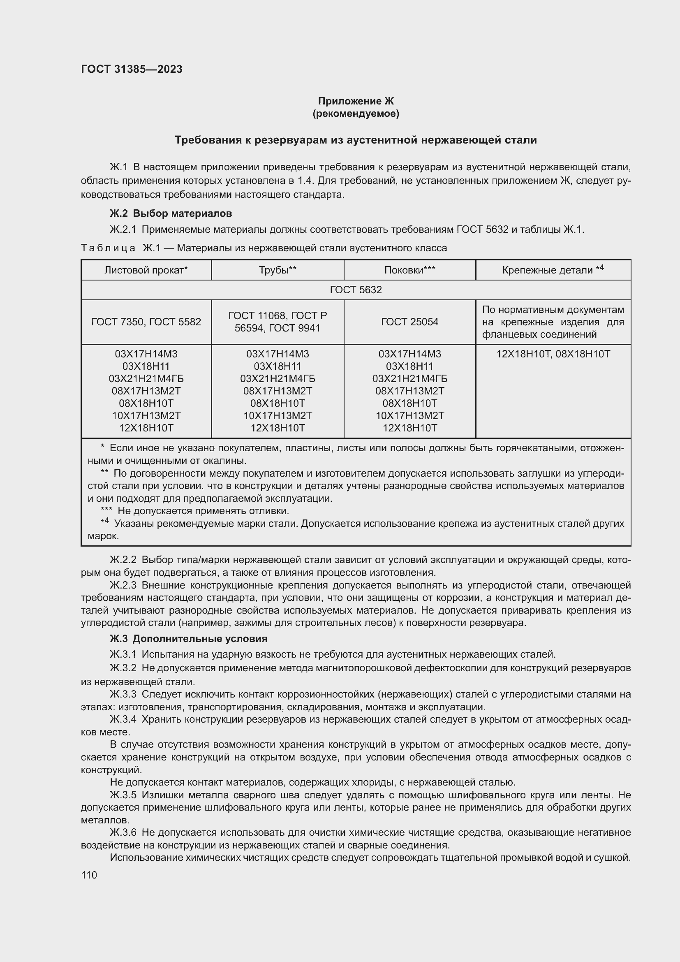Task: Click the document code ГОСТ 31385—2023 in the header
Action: (132, 70)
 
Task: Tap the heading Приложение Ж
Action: (356, 101)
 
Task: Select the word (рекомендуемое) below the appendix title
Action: (356, 114)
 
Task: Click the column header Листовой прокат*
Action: (146, 270)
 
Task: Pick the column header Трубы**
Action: (277, 270)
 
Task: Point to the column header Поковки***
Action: (409, 270)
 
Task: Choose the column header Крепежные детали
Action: (552, 270)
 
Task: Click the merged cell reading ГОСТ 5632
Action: (356, 290)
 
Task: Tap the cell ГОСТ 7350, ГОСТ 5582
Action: (146, 322)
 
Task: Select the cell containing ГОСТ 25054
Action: (409, 322)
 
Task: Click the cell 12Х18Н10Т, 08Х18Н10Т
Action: (553, 354)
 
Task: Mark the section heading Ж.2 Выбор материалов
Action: (171, 214)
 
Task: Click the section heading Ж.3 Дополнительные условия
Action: (188, 639)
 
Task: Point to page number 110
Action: (89, 875)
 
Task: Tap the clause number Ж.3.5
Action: (123, 795)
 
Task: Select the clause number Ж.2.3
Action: (123, 585)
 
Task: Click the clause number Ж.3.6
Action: (123, 832)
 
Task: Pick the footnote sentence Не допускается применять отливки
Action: (203, 511)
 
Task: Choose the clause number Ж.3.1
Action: (123, 654)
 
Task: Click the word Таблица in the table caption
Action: (108, 248)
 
